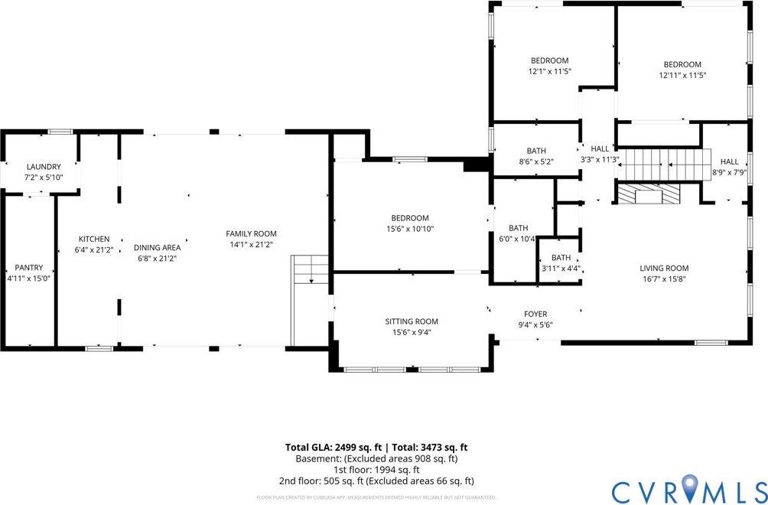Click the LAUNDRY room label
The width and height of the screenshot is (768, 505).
43,167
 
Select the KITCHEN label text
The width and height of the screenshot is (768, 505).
94,239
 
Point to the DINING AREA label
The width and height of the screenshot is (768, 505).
157,247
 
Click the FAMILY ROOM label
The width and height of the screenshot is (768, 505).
251,233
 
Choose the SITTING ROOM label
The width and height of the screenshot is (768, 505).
412,321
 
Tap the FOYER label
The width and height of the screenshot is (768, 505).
535,314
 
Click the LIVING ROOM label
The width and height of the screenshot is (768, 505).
664,268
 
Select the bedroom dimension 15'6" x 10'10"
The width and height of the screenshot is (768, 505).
412,229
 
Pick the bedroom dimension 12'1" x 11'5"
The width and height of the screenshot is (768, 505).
549,71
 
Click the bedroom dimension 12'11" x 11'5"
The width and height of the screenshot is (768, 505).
682,75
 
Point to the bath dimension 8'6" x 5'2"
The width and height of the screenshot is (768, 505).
535,161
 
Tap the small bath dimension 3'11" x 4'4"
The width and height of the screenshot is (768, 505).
561,269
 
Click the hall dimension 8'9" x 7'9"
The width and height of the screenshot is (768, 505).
729,172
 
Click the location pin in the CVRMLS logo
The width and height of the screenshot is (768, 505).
691,485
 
